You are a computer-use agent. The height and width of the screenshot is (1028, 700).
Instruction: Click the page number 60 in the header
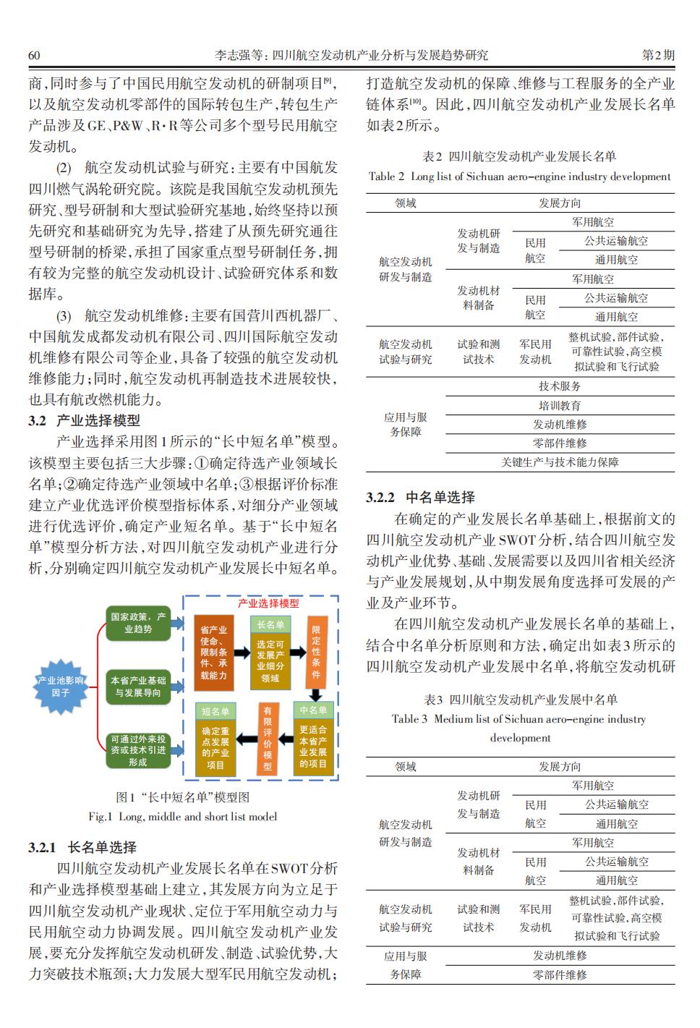[x=33, y=55]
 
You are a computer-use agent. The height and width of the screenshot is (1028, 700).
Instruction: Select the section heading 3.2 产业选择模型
[x=84, y=420]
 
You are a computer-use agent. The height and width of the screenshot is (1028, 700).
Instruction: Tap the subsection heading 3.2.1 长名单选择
[x=82, y=847]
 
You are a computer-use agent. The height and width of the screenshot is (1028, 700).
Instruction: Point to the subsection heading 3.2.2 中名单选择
[x=420, y=497]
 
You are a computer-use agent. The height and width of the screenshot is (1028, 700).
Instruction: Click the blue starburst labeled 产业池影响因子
[x=61, y=687]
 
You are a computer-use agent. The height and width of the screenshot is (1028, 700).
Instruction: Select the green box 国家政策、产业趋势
[x=137, y=623]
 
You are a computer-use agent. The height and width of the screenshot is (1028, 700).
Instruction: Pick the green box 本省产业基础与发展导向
[x=137, y=687]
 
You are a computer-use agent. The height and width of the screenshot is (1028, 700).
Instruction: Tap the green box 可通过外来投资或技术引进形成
[x=137, y=750]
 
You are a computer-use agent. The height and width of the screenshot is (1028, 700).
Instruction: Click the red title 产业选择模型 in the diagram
[x=268, y=603]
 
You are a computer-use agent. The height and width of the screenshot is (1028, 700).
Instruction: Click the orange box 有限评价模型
[x=268, y=738]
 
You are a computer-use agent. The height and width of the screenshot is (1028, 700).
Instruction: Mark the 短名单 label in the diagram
[x=215, y=712]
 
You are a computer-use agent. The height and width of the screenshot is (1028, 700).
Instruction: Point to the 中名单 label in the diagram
[x=313, y=710]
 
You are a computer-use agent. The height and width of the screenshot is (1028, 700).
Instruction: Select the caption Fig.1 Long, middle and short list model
[x=182, y=817]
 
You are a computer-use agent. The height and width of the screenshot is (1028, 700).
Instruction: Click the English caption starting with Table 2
[x=519, y=176]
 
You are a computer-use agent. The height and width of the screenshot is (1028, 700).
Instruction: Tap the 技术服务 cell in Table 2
[x=560, y=386]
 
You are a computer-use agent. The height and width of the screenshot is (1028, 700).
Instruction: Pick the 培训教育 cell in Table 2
[x=560, y=405]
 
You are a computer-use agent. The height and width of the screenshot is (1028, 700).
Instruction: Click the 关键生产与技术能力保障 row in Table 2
[x=560, y=462]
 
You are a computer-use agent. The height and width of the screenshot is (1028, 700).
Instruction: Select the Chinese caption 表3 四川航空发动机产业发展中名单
[x=520, y=700]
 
